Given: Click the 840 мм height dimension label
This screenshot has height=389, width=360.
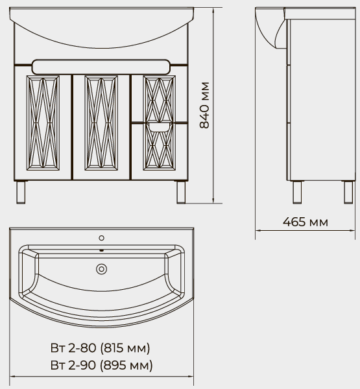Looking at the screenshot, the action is (x=204, y=105).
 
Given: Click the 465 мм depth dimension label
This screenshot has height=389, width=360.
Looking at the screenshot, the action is (x=306, y=222).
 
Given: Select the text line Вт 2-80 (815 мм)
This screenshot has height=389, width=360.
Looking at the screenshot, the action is (x=101, y=348).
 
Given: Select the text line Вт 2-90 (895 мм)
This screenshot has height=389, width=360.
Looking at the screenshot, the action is (x=102, y=365).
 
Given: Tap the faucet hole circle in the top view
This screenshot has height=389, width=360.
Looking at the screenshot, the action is (x=102, y=238).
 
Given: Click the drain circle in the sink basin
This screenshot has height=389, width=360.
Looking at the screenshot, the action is (x=102, y=269).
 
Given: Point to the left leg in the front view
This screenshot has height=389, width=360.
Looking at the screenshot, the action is (x=21, y=193).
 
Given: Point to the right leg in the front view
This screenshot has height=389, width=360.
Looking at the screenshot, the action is (x=181, y=193).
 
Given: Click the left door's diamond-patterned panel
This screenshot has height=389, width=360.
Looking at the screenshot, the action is (x=43, y=123).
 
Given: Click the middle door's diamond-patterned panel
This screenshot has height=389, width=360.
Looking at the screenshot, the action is (x=101, y=123).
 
